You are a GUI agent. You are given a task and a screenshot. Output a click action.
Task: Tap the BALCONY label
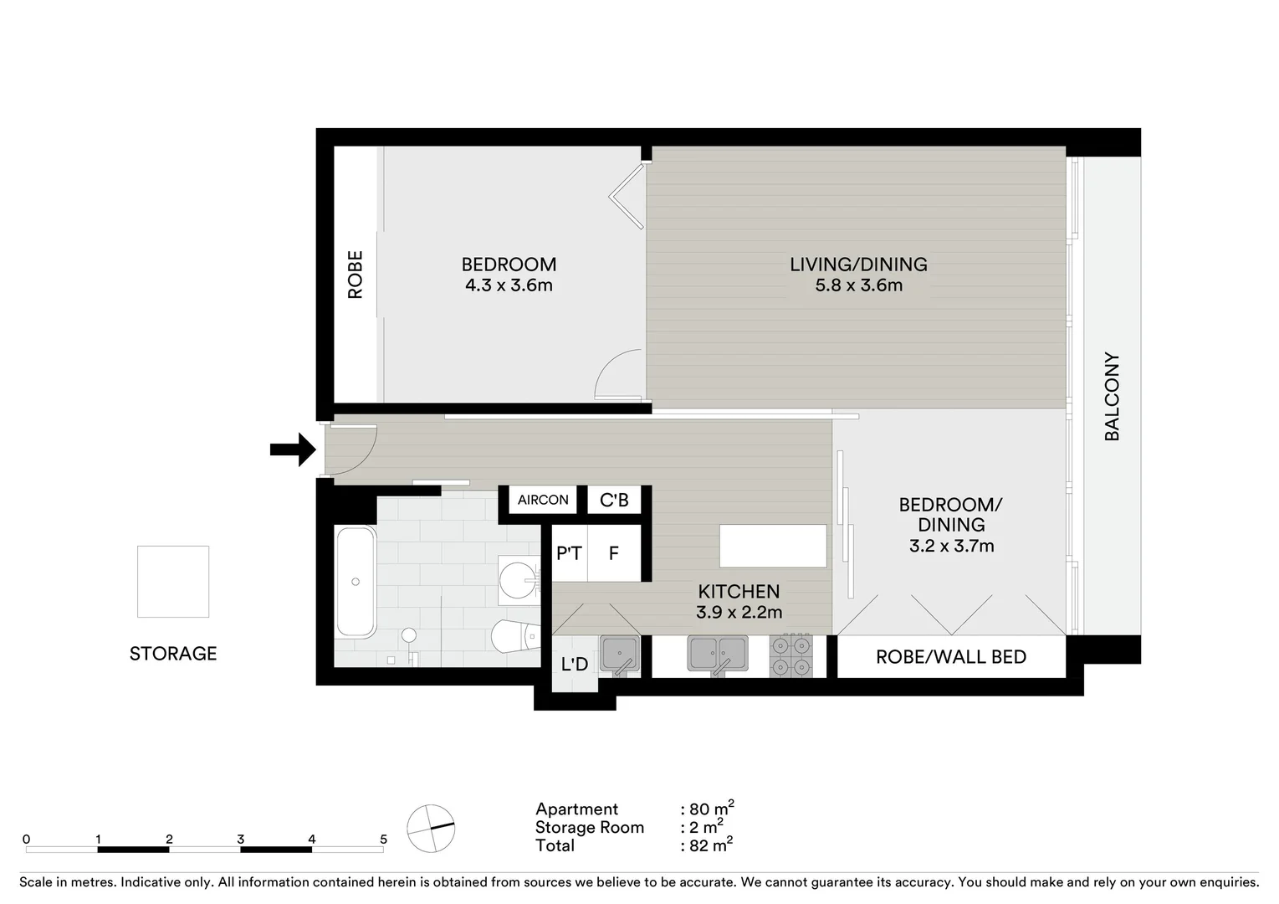point(1112,396)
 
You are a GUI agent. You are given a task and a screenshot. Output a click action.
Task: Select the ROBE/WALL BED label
point(950,657)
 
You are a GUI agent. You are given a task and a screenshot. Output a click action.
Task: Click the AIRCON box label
point(543,500)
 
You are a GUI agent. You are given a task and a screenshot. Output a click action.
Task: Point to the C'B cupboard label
point(614,500)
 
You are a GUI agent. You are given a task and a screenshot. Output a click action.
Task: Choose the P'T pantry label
point(569,553)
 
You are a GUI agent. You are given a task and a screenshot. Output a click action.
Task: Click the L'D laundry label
point(574,665)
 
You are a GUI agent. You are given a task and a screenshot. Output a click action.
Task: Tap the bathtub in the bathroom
point(356,582)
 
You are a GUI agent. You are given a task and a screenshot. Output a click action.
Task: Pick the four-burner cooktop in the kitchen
point(790,655)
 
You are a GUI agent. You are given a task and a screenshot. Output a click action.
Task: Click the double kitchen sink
point(718,654)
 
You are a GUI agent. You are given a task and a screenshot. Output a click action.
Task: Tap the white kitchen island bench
point(773,546)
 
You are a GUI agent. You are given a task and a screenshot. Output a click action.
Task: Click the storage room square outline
point(173,582)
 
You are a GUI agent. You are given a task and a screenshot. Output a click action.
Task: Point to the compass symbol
point(431,829)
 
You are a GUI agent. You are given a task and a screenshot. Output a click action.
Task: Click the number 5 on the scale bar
point(383,839)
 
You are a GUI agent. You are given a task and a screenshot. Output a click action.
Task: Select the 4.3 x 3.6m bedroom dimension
point(509,285)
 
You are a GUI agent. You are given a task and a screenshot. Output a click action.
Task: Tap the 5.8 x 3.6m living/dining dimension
point(858,285)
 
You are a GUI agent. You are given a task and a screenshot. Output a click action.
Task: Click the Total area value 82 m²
point(709,845)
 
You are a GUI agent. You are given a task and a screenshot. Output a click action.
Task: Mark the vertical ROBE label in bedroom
point(356,275)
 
